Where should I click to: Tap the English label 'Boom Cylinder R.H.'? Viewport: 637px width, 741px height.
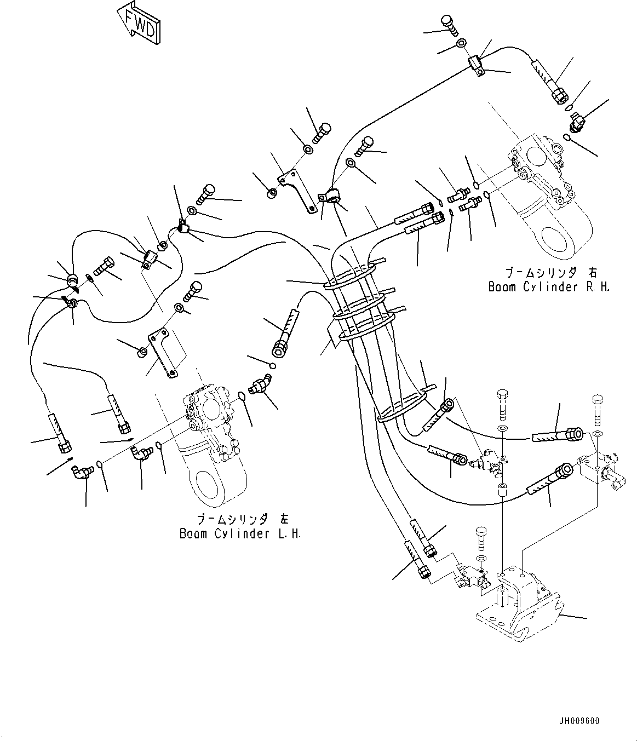(549, 287)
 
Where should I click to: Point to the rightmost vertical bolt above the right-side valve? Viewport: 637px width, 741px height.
(597, 409)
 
